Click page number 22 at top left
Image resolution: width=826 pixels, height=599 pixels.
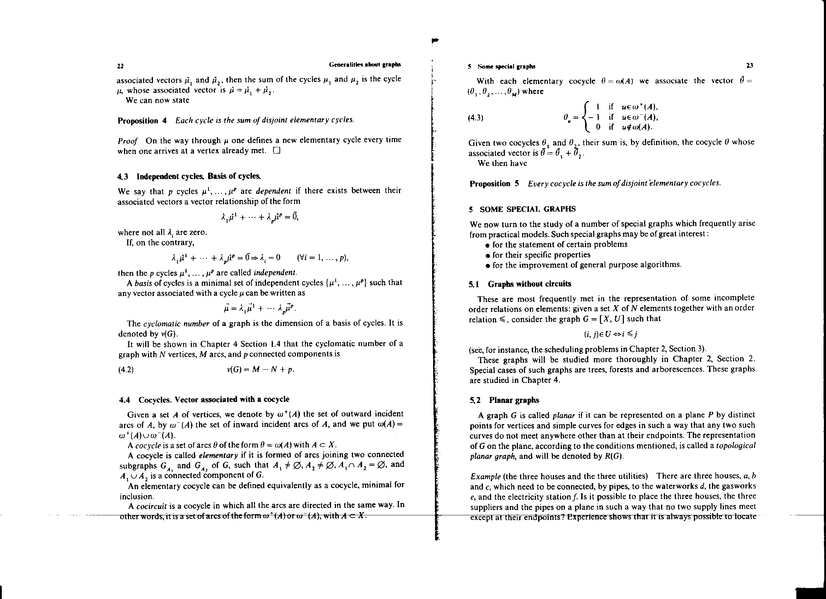pos(120,66)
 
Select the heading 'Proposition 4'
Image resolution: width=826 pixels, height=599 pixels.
pos(142,121)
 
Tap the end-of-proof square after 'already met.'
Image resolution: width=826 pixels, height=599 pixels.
pos(276,150)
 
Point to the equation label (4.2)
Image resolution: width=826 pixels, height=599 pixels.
pos(126,370)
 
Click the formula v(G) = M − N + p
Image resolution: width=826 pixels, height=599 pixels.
pos(260,369)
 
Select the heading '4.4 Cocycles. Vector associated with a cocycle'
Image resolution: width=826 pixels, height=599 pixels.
pos(204,399)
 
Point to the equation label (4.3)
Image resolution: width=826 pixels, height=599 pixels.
pos(476,118)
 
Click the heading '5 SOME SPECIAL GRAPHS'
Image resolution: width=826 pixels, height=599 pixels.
pos(523,209)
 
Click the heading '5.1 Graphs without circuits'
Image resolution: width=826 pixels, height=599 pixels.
pos(520,284)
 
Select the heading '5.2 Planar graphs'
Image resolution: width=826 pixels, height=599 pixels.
pos(505,400)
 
